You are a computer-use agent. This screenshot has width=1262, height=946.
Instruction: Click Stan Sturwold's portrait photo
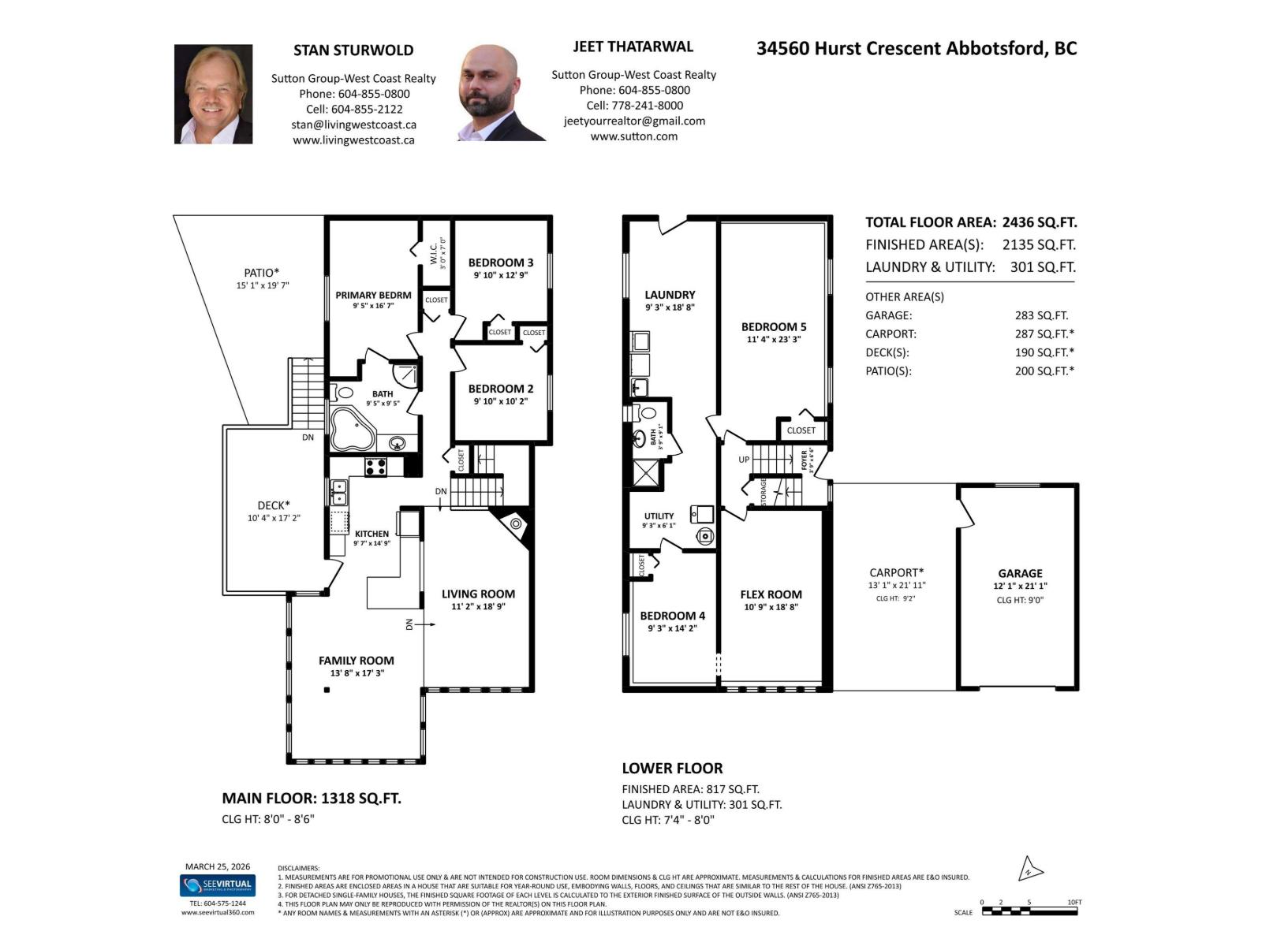point(213,94)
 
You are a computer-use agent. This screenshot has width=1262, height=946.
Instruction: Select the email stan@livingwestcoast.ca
point(353,125)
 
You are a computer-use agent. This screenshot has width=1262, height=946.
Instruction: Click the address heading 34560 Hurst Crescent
point(916,48)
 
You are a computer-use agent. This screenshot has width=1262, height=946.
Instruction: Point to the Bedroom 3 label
point(501,263)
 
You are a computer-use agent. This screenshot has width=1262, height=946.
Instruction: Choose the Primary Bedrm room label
point(373,295)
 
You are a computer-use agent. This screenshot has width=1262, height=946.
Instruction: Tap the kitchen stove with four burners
point(375,466)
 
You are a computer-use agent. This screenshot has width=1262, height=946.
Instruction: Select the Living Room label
point(478,594)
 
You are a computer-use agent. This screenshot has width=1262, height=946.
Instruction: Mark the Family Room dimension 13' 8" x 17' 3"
point(357,673)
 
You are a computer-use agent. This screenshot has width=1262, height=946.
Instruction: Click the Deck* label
point(274,505)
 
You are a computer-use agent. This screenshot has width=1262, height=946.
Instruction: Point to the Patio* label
point(262,273)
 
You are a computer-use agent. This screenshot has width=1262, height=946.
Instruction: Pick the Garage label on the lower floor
point(1020,573)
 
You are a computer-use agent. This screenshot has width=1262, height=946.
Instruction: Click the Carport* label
point(896,572)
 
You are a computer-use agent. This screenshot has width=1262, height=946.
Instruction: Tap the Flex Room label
point(771,594)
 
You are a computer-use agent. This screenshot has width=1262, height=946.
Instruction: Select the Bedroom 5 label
point(774,326)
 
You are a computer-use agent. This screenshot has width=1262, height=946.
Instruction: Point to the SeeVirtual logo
point(218,885)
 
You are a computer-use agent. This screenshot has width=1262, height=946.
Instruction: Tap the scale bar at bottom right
point(1029,911)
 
